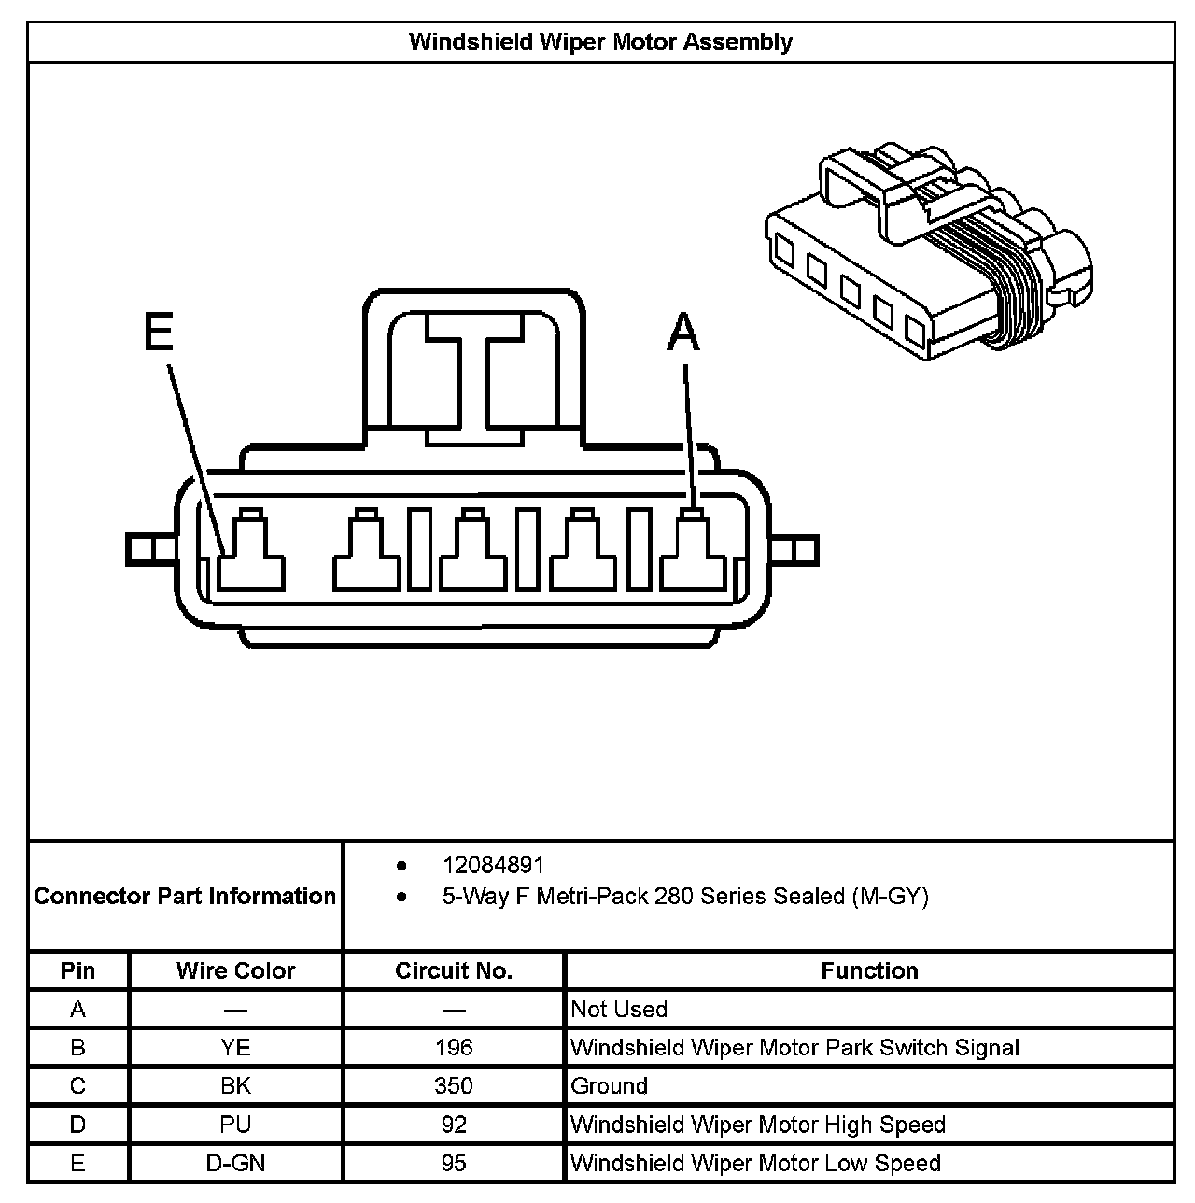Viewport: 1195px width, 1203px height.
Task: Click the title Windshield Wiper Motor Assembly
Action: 600,42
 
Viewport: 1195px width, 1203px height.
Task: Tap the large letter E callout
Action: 159,332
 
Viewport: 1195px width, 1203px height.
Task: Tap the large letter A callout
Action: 683,333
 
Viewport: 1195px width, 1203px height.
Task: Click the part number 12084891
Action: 492,866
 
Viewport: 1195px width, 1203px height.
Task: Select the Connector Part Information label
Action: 185,897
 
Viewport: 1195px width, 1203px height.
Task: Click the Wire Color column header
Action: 235,971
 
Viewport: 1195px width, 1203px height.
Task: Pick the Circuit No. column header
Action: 454,971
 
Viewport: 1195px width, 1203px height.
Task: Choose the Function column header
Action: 869,971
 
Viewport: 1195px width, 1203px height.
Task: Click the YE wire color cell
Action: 235,1048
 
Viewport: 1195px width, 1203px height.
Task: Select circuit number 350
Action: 454,1086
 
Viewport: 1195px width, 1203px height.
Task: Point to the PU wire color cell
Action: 235,1125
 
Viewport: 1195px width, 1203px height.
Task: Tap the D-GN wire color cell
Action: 235,1164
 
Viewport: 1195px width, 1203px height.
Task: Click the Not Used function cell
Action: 619,1010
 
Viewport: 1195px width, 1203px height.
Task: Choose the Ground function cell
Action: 609,1086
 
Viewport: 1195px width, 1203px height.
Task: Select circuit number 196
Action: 454,1048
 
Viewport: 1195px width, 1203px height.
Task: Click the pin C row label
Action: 77,1086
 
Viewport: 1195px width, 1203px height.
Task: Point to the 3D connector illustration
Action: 929,252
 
